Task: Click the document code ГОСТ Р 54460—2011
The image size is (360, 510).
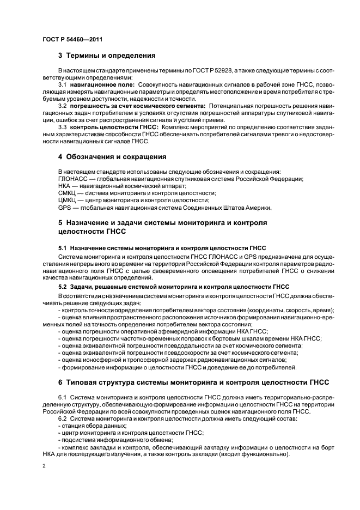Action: tap(72, 39)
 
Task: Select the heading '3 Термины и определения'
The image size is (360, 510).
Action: tap(107, 56)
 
